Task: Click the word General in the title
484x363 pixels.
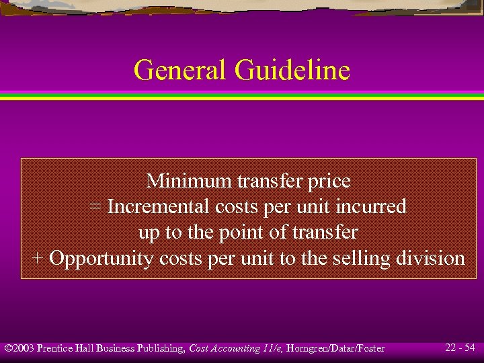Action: click(181, 70)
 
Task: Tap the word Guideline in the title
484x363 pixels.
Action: click(292, 70)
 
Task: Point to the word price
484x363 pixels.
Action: click(329, 182)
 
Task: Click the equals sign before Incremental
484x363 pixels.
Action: click(95, 207)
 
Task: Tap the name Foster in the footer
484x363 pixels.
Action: click(369, 348)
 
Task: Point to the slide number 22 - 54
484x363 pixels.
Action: click(460, 348)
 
